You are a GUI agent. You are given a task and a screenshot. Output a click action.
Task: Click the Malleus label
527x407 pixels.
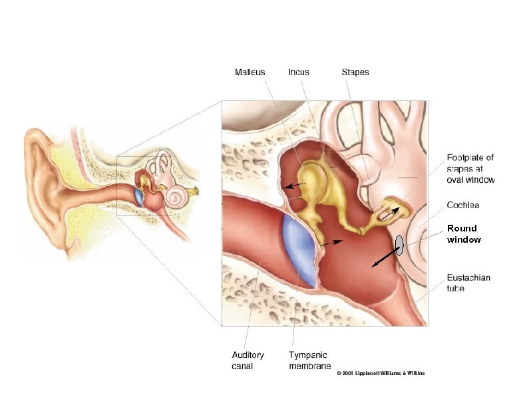pos(250,72)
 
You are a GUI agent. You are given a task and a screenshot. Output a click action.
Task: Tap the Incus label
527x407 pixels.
pos(298,72)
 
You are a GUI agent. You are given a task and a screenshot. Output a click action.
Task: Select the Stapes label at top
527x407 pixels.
pos(355,72)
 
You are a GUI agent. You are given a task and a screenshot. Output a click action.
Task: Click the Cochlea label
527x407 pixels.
pos(463,205)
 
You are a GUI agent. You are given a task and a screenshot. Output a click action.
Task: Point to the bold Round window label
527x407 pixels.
pos(463,233)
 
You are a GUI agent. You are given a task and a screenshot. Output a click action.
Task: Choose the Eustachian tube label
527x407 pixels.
pos(468,283)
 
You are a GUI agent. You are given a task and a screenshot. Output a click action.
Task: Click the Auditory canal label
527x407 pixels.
pos(248,360)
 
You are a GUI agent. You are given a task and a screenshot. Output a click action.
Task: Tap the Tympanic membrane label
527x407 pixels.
pos(308,360)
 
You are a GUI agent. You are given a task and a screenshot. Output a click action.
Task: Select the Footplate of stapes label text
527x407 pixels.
pos(470,168)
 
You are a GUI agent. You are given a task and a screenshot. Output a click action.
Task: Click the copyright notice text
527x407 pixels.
pos(381,373)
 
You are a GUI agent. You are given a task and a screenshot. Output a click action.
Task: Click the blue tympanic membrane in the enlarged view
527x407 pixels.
pos(297,247)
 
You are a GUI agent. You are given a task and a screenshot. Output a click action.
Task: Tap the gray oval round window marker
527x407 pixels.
pos(399,245)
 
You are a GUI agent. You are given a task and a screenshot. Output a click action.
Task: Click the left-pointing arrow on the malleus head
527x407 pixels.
pos(295,185)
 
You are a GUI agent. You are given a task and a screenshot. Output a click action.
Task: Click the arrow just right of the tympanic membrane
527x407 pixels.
pos(332,243)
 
